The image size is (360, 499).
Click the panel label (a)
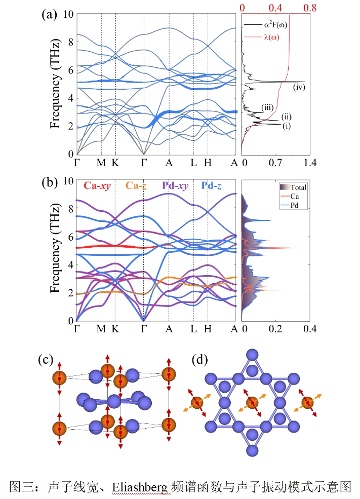pos(49,15)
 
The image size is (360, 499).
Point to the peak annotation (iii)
pos(268,107)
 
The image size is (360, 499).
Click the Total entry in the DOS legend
pos(298,187)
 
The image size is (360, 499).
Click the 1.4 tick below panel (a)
pos(310,163)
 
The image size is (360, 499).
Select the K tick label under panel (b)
pos(115,329)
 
